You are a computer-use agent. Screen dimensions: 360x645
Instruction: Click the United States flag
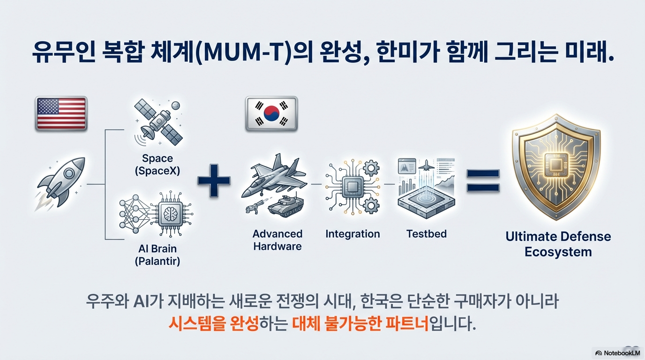click(x=61, y=113)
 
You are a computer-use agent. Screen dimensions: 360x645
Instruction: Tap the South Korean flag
click(x=271, y=113)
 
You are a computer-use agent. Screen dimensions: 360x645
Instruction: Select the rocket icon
click(x=63, y=183)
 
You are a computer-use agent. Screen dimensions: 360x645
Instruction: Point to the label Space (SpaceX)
click(x=157, y=165)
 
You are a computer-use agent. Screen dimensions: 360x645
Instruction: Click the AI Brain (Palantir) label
click(x=157, y=255)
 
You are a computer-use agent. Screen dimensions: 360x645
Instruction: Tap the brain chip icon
click(x=172, y=215)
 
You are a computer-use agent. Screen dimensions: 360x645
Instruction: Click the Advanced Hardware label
click(x=277, y=240)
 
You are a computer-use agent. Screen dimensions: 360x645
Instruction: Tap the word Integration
click(x=352, y=234)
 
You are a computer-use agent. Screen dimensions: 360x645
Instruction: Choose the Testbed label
click(x=427, y=233)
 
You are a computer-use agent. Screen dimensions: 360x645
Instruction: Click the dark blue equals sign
click(x=483, y=181)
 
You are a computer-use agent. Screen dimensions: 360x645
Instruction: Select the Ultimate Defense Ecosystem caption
click(x=558, y=244)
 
